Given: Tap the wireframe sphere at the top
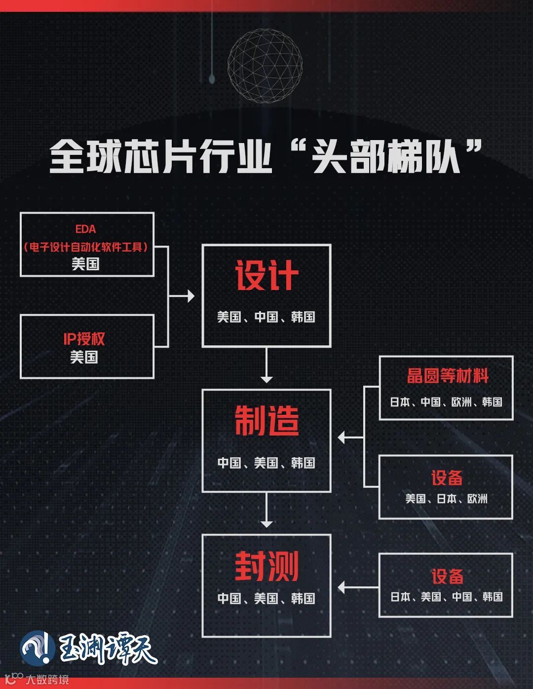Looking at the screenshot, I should [x=265, y=66].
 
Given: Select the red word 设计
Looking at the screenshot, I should [x=266, y=276].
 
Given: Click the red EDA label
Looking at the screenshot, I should [x=85, y=229].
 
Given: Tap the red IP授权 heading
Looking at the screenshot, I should [x=84, y=339].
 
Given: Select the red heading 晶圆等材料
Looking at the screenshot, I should [x=447, y=376].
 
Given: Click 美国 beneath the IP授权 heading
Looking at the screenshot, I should [x=84, y=357].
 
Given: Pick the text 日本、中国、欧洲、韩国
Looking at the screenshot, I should [x=446, y=402].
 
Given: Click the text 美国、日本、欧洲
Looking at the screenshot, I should [x=446, y=499].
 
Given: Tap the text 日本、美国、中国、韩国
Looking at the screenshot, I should [x=446, y=597].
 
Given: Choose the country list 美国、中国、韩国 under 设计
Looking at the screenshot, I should [x=266, y=317].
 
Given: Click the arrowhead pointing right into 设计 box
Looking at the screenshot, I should [x=190, y=296].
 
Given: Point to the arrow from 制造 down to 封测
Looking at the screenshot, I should [x=266, y=510].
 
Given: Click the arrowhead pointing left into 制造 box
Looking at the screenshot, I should [x=342, y=437].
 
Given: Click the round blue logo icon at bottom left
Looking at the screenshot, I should [x=38, y=648].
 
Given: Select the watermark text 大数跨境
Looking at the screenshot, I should [x=47, y=680].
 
